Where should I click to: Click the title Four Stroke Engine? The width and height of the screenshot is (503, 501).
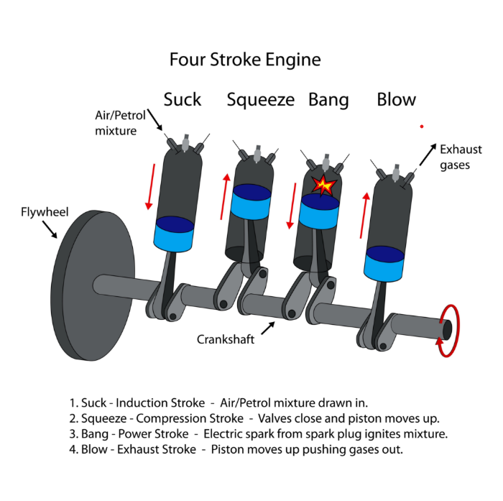244,59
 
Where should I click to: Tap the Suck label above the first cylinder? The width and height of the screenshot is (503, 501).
183,99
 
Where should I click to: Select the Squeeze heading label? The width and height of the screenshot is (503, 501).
260,100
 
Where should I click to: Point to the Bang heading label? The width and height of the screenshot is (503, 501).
328,100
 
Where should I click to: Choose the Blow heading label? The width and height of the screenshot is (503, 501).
396,99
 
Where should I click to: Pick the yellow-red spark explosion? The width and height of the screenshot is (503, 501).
325,185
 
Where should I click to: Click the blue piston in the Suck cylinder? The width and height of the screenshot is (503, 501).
174,234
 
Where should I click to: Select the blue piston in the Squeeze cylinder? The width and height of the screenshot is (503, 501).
251,201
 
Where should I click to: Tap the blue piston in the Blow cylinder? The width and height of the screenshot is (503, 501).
384,264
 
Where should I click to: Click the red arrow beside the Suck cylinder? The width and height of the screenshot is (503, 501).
150,186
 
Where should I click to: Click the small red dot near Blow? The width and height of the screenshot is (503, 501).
422,127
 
